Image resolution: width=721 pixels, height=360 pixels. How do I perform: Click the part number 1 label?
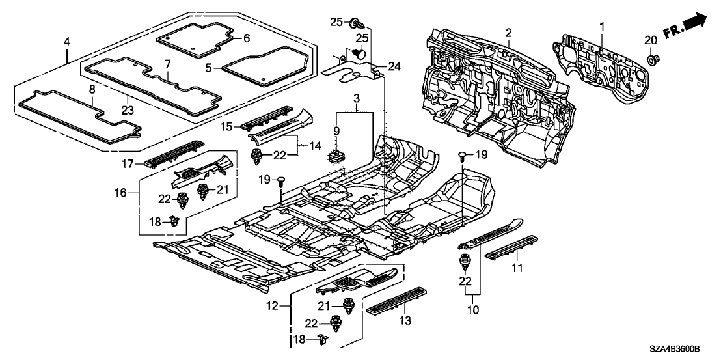click(602, 27)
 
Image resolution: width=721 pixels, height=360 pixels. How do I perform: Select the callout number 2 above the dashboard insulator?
click(508, 33)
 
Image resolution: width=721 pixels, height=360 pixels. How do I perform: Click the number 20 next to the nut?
click(651, 40)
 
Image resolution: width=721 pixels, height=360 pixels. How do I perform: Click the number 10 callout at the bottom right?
click(474, 311)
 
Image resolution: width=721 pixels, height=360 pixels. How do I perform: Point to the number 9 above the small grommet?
click(355, 131)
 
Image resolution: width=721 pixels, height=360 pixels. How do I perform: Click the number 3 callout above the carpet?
click(355, 96)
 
